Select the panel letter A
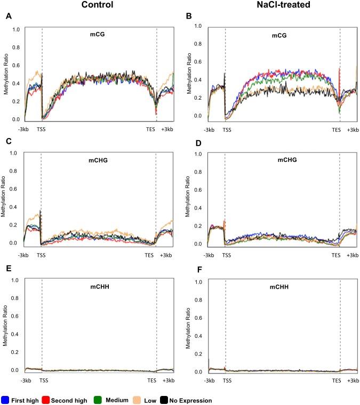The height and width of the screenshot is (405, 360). point(8,17)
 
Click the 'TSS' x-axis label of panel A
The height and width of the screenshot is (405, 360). point(42,128)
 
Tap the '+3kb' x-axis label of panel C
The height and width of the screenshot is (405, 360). point(167,255)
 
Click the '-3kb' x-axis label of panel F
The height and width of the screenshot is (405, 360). point(208,381)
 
